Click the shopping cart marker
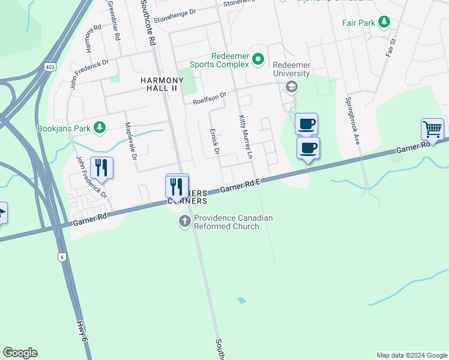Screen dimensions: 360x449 (x=432, y=128)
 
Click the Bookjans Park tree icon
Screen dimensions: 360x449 (x=100, y=127)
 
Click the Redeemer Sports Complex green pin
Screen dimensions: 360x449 (x=258, y=59)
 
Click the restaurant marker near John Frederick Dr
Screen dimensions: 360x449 (x=101, y=167)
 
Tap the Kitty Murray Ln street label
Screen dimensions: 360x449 (x=246, y=138)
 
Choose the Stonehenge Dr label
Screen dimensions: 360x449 (x=175, y=16)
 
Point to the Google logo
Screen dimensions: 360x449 (x=20, y=353)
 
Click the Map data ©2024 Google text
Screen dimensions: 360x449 (x=411, y=355)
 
